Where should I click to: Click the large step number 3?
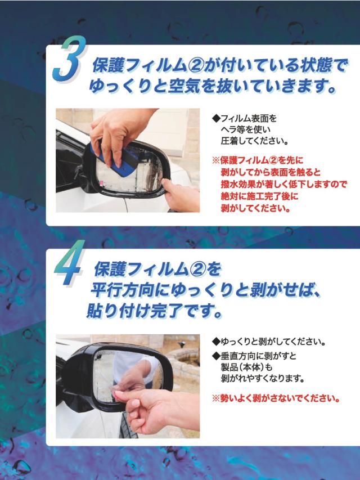point(69,59)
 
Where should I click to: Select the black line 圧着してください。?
point(255,141)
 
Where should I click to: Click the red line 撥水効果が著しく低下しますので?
point(283,184)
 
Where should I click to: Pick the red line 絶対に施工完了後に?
point(259,196)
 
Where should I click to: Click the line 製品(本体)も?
point(246,367)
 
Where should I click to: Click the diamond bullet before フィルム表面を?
point(216,118)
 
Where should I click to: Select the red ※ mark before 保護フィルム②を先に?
point(216,160)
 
